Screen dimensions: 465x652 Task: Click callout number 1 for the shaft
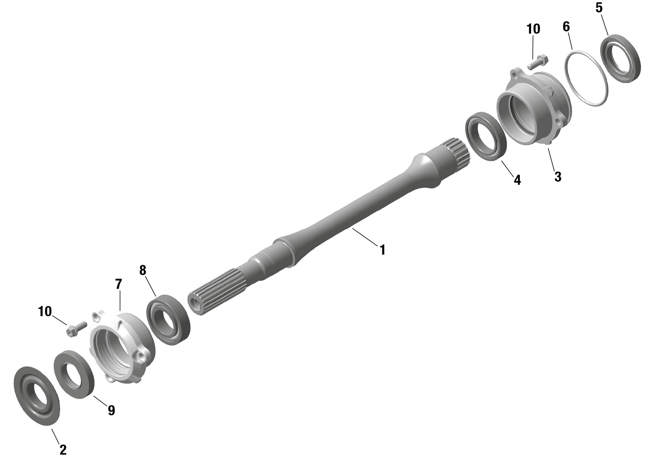pos(383,250)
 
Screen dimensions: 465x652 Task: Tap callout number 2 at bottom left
pos(63,450)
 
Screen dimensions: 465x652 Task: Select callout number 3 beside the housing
pos(558,176)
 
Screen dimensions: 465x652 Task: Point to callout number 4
pos(517,179)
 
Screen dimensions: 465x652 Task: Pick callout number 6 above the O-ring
pos(566,27)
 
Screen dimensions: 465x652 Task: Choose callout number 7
pos(119,284)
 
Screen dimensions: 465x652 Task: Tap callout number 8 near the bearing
pos(143,270)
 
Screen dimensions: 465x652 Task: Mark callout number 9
pos(111,410)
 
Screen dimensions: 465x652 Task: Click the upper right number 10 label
pos(533,29)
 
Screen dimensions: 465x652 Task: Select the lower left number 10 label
pos(45,312)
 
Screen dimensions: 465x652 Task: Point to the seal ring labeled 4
pos(486,136)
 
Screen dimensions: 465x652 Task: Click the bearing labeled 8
pos(169,319)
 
